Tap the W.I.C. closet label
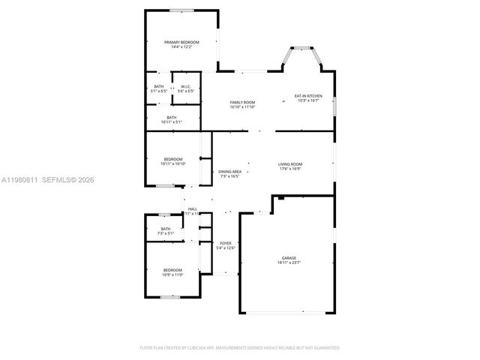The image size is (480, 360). (x=186, y=86)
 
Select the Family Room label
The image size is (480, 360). (x=242, y=102)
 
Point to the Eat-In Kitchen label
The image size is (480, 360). (x=308, y=95)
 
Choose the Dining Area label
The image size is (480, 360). (x=229, y=172)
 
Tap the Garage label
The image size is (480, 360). (x=289, y=258)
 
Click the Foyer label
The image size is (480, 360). (x=226, y=243)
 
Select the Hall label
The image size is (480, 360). (x=193, y=208)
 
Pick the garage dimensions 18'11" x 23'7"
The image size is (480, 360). (x=289, y=262)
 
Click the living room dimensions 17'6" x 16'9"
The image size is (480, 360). (x=289, y=169)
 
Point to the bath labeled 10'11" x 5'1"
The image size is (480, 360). (x=172, y=119)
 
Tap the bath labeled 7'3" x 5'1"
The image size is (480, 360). (x=165, y=231)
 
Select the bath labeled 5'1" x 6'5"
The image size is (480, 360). (x=158, y=88)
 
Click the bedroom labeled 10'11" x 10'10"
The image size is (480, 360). (x=172, y=161)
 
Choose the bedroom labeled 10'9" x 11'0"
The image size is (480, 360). (x=172, y=272)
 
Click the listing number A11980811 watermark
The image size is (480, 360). (x=20, y=180)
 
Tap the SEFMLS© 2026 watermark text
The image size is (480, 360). (x=69, y=180)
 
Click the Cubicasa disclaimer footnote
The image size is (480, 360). (x=240, y=348)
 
